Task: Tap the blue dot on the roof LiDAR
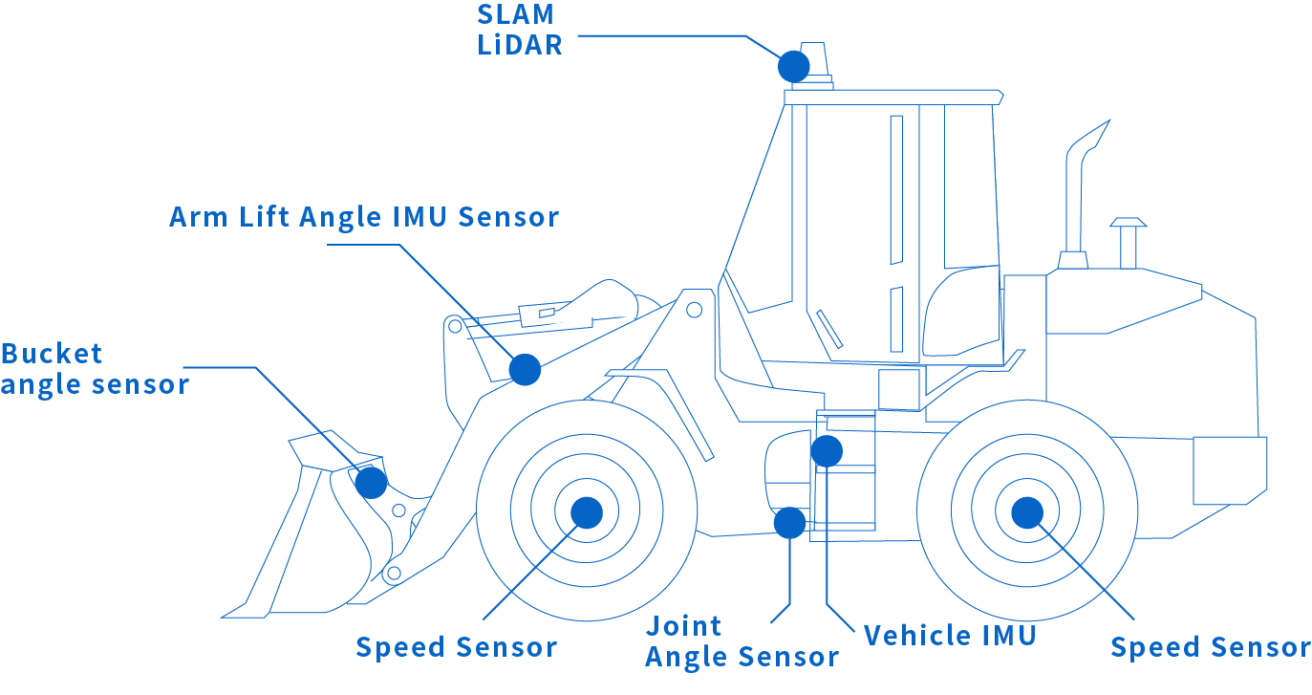pos(793,66)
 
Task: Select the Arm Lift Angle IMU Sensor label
pos(364,217)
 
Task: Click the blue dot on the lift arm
pos(525,369)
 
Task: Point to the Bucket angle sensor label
pos(95,369)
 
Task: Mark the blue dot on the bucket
pos(371,483)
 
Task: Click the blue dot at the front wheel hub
pos(587,512)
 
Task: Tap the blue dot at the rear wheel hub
pos(1026,512)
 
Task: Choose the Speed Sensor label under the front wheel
pos(457,647)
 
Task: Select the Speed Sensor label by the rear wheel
pos(1211,647)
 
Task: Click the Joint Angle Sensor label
pos(742,642)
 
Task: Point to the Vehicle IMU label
pos(950,636)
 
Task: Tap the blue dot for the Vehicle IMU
pos(827,450)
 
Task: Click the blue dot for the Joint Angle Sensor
pos(789,523)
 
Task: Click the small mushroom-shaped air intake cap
pos(1128,227)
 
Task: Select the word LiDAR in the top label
pos(520,45)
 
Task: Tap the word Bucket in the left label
pos(52,354)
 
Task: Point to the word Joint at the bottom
pos(684,627)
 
